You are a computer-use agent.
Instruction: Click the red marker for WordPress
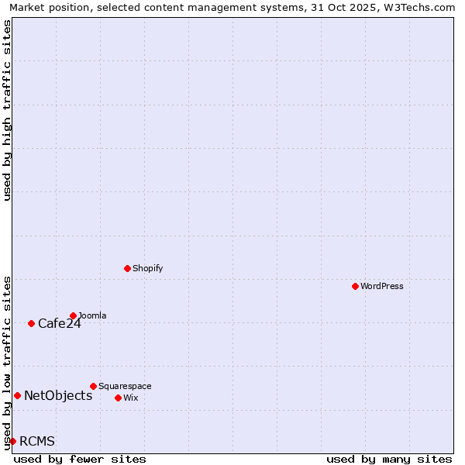point(355,286)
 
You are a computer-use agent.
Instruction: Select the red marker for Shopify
point(127,268)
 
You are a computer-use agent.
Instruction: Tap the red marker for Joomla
point(73,315)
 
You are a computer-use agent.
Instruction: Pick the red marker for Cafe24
point(31,323)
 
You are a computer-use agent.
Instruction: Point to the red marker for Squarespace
point(93,386)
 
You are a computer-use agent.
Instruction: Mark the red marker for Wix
point(118,398)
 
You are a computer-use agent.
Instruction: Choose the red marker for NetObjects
point(17,395)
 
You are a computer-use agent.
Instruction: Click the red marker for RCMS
point(12,441)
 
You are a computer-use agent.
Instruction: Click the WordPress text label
point(382,286)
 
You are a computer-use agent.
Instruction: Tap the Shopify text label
point(147,268)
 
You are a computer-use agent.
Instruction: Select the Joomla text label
point(92,315)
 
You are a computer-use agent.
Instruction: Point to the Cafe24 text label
point(60,324)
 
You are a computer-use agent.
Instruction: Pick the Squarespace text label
point(125,386)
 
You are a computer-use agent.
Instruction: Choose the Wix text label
point(130,398)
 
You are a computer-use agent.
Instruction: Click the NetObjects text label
point(58,396)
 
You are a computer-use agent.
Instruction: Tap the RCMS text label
point(37,442)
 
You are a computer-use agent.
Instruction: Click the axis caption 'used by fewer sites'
point(80,459)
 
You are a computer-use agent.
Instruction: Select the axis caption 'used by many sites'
point(389,459)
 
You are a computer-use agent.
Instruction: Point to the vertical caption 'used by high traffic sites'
point(7,110)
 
